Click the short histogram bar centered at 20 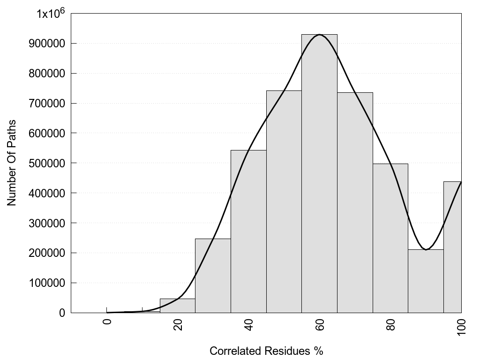point(177,306)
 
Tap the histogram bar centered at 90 point(426,281)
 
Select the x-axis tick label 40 point(248,324)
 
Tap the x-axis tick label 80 point(390,324)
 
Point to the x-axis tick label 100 point(461,326)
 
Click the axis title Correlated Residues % point(266,351)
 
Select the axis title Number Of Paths point(12,163)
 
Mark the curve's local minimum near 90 point(426,249)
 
